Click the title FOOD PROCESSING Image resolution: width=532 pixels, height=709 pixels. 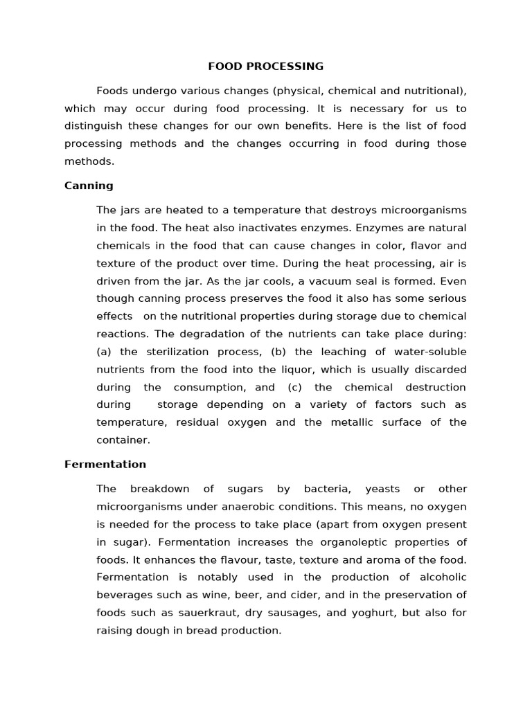(x=266, y=66)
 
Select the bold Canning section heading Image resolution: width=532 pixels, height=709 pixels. (x=89, y=186)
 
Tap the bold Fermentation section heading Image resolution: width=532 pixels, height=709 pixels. (x=105, y=464)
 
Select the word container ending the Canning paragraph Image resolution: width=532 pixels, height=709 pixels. (x=123, y=440)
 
